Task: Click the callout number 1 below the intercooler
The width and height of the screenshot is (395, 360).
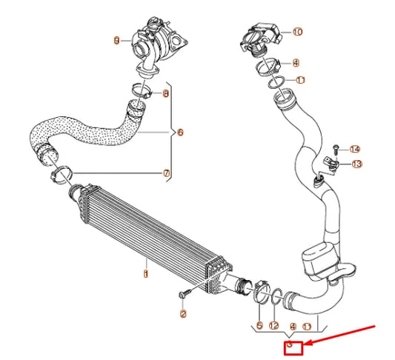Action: coord(146,274)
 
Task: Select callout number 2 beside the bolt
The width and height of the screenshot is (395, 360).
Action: coord(183,314)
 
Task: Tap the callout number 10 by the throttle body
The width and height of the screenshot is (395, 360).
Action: coord(298,32)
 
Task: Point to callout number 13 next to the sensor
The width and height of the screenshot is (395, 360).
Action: coord(356,163)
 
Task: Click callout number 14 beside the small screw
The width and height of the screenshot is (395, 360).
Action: coord(355,149)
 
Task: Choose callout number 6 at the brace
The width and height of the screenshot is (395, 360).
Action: coord(180,133)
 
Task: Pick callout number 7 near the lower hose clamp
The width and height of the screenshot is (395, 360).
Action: coord(166,173)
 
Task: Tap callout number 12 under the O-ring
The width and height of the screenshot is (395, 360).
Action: coord(274,325)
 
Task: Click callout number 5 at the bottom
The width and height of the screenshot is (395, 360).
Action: coord(259,325)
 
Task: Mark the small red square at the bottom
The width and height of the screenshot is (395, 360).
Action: coord(293,347)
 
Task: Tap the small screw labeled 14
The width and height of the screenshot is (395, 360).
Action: coord(337,149)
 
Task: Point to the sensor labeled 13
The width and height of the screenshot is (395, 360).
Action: coord(334,163)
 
